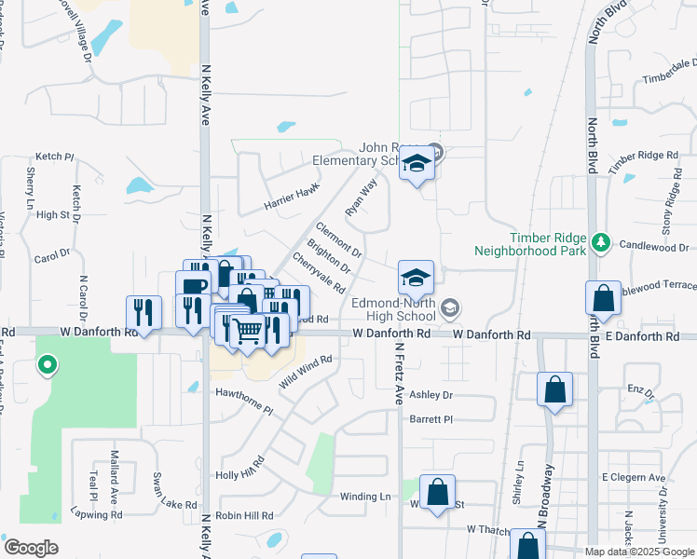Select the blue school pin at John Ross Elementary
point(417,165)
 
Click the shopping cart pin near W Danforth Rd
point(247,330)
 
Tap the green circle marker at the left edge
point(47,365)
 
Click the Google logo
point(32,548)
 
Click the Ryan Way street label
point(361,198)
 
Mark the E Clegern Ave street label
point(634,478)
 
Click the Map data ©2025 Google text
point(639,552)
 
